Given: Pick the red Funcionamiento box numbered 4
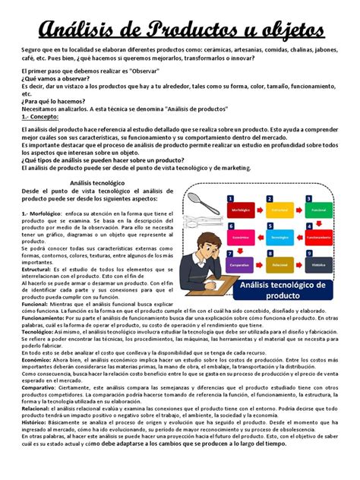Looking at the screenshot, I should [x=318, y=236].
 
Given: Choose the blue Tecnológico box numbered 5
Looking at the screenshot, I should [x=279, y=236].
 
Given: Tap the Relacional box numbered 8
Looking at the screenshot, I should [x=279, y=266].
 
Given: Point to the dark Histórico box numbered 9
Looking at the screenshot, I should [x=318, y=266].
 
